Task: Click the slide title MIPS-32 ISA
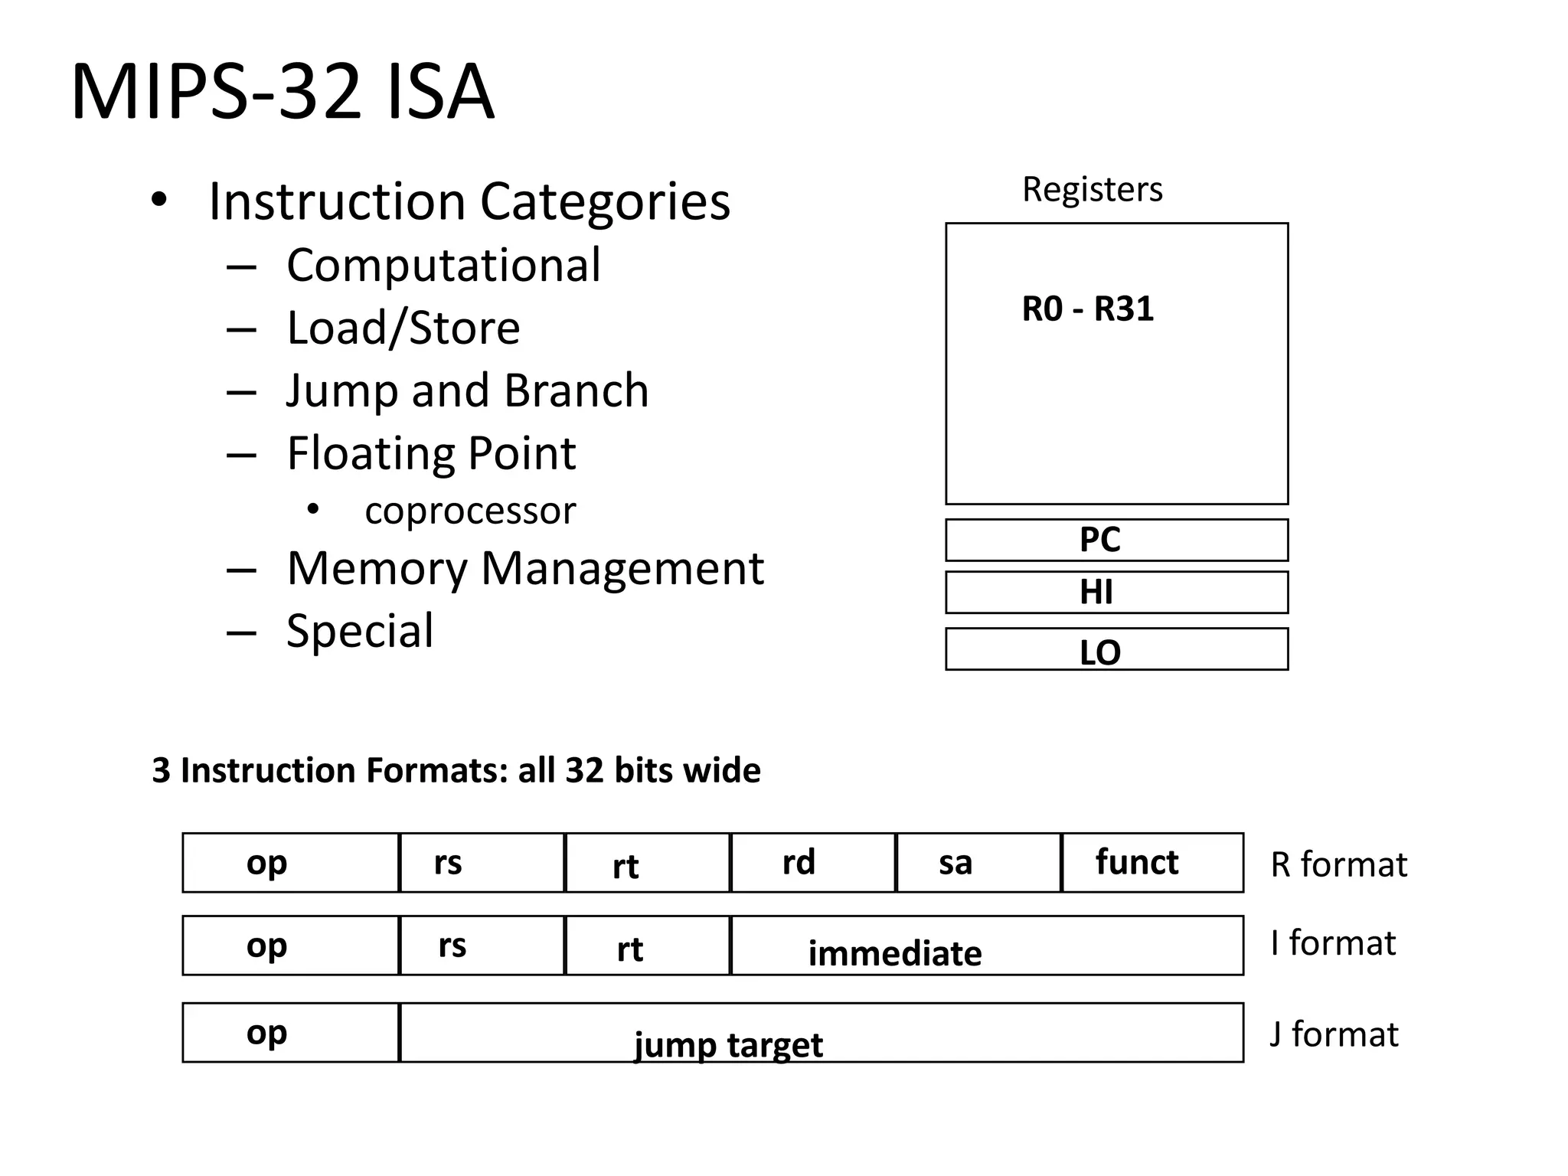tap(283, 93)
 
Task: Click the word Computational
tap(443, 266)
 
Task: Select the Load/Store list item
tap(403, 328)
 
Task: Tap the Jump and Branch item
tap(467, 390)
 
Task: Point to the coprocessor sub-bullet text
tap(469, 511)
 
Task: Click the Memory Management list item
tap(524, 569)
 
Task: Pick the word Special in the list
tap(359, 632)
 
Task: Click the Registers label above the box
tap(1092, 189)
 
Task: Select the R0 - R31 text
tap(1087, 309)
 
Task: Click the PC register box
tap(1116, 540)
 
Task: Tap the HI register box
tap(1116, 593)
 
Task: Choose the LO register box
tap(1116, 650)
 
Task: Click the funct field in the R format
tap(1151, 863)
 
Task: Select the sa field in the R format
tap(978, 863)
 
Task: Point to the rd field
tap(812, 863)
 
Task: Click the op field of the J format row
tap(290, 1033)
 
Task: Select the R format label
tap(1338, 864)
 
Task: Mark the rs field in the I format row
tap(482, 946)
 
